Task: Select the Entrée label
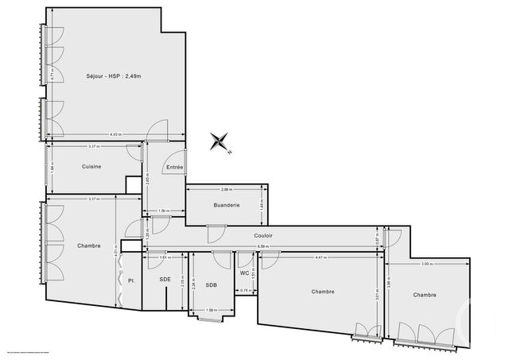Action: pos(175,167)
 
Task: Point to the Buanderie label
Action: pos(226,205)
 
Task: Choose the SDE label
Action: pos(165,280)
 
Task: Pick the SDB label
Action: pos(211,285)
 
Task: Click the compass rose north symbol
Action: pos(219,142)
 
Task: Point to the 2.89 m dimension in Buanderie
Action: pos(226,190)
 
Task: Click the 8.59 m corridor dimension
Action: pos(262,247)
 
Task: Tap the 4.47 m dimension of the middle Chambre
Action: pos(318,257)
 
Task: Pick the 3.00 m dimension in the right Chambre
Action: pos(426,263)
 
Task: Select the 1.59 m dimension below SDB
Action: pos(212,310)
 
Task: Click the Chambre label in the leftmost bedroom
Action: pos(89,246)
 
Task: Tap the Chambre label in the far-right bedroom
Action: pos(424,295)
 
